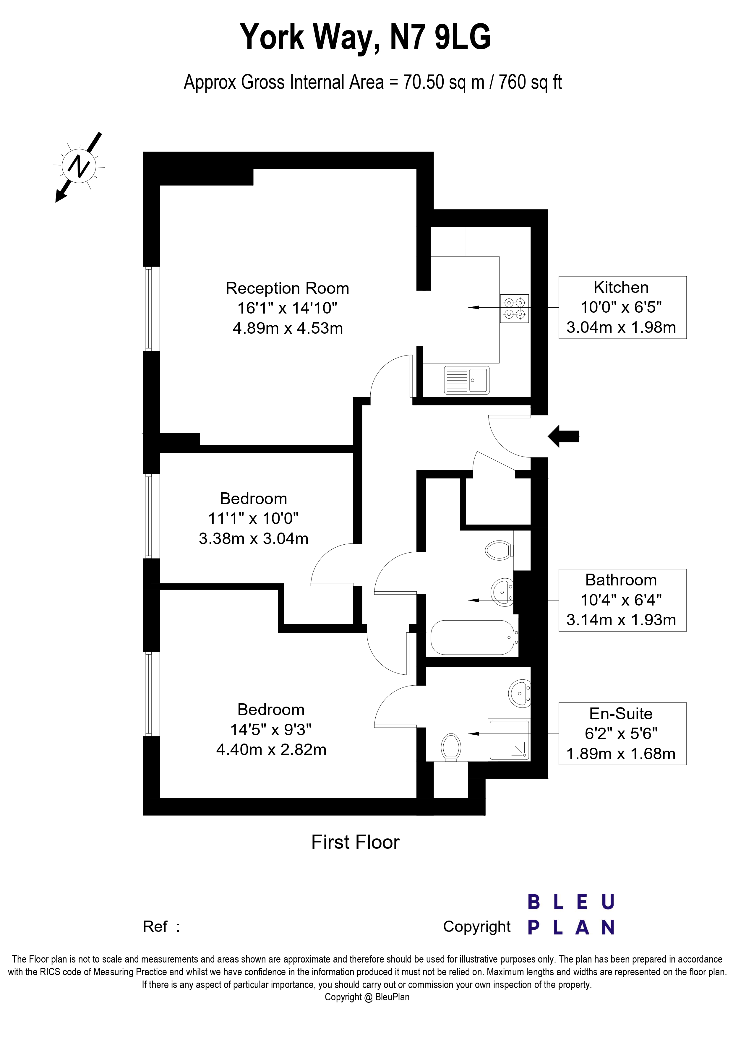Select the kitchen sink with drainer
[466, 380]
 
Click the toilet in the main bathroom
[499, 550]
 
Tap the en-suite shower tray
[509, 740]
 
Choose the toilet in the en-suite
[451, 746]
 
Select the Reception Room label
[287, 288]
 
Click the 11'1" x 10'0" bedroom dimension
[253, 518]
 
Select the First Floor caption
[356, 842]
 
